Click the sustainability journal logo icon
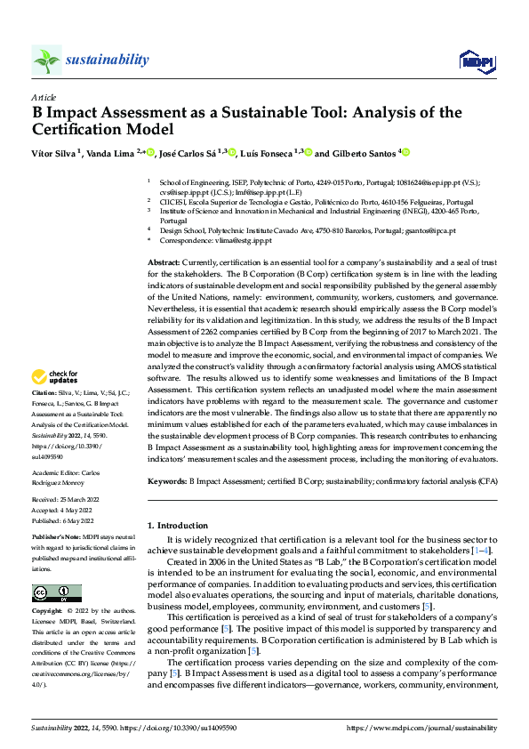pyautogui.click(x=46, y=60)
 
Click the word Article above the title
pyautogui.click(x=43, y=97)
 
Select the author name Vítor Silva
pyautogui.click(x=52, y=153)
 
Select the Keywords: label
pyautogui.click(x=167, y=481)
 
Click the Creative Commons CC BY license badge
pyautogui.click(x=56, y=593)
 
